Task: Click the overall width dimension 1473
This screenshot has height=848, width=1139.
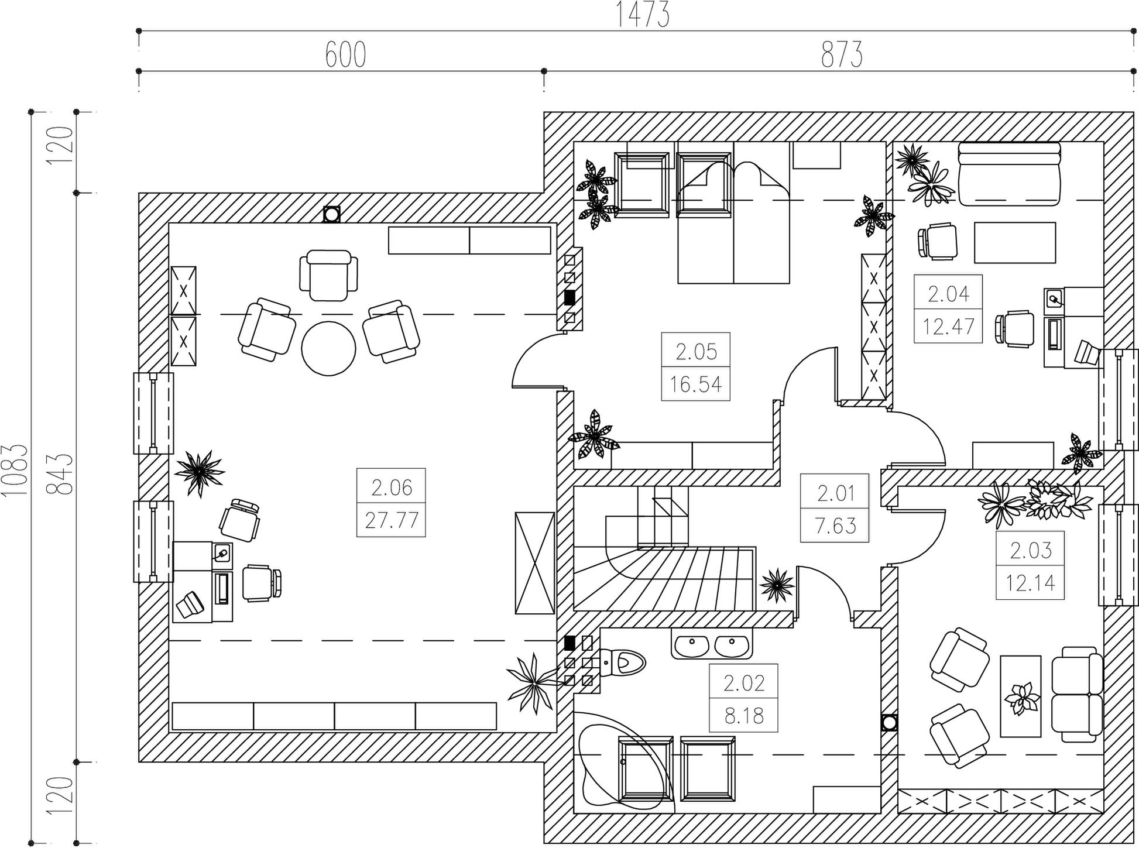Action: pyautogui.click(x=643, y=15)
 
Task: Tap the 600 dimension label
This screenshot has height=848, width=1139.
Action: pyautogui.click(x=345, y=55)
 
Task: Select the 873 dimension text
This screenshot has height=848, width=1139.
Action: pyautogui.click(x=842, y=55)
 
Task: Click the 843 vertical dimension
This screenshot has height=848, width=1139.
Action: pyautogui.click(x=61, y=473)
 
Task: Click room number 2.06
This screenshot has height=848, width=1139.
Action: pyautogui.click(x=392, y=487)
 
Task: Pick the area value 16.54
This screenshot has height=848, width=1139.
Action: pyautogui.click(x=696, y=384)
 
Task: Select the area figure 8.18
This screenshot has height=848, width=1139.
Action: pyautogui.click(x=744, y=715)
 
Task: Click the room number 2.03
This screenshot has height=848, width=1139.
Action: pyautogui.click(x=1031, y=550)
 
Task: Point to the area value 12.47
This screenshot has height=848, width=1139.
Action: pyautogui.click(x=948, y=326)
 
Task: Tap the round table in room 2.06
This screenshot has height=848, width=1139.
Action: pyautogui.click(x=328, y=349)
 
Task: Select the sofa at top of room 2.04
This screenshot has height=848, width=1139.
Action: pyautogui.click(x=1009, y=174)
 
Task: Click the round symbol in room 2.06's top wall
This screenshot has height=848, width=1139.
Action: pyautogui.click(x=331, y=214)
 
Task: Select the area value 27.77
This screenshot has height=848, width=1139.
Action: pyautogui.click(x=392, y=520)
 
